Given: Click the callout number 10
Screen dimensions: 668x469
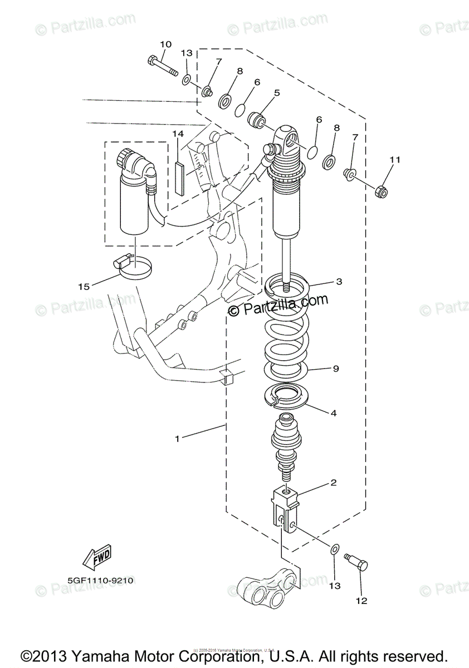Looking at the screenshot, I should coord(166,44).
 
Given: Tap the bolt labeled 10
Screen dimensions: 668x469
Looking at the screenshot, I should coord(162,66).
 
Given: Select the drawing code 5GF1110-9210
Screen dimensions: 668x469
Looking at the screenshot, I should coord(101,580).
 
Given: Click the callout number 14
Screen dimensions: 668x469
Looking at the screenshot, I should coord(178,134).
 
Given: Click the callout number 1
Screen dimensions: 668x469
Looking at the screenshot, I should coord(177,439).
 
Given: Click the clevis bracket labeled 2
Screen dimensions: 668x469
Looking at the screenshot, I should coord(286,504).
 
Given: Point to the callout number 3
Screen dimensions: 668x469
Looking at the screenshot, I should coord(338,282).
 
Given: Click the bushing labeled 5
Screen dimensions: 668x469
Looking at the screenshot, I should coord(257,120).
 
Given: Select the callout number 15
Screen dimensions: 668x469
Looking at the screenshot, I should coord(84,287).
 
